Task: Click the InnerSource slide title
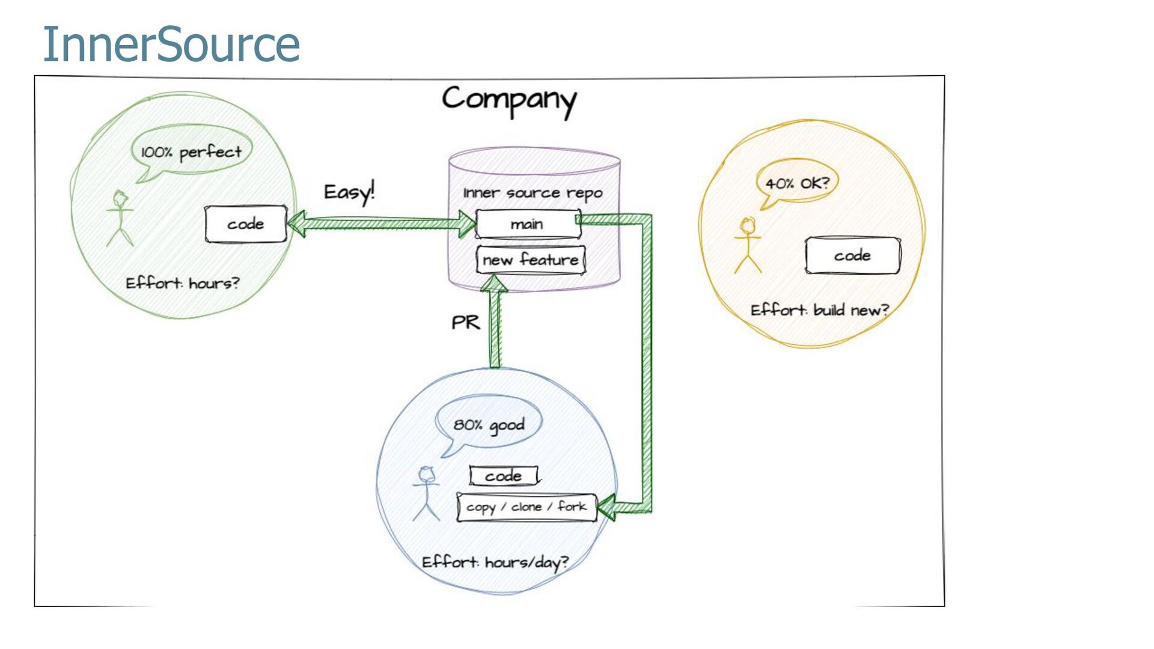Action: [x=171, y=44]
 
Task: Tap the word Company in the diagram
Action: [x=509, y=100]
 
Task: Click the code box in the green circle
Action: [x=246, y=224]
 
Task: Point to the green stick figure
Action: [x=120, y=218]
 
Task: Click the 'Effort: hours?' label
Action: [x=182, y=282]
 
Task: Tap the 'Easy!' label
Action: [x=349, y=192]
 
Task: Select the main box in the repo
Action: [x=528, y=224]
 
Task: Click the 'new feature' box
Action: [x=531, y=260]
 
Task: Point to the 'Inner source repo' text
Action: [x=533, y=193]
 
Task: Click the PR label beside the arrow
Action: [x=466, y=323]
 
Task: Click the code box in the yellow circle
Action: [x=853, y=255]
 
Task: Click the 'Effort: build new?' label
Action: [x=820, y=310]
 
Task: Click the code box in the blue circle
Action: [x=504, y=476]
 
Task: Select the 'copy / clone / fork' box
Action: [x=527, y=507]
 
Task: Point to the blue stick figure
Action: [x=426, y=493]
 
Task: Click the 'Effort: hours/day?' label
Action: [x=495, y=562]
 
